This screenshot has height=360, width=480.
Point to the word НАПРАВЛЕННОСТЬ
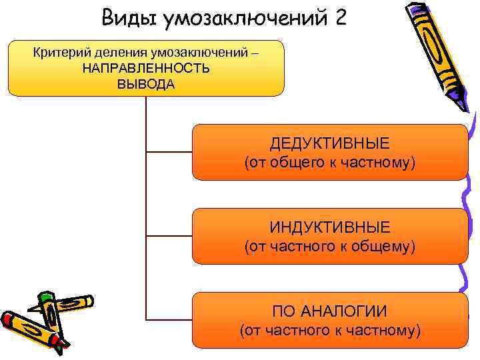146,69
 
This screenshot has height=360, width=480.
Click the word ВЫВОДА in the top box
146,84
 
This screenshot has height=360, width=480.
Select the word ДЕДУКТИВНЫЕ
330,144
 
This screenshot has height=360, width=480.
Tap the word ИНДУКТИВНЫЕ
330,228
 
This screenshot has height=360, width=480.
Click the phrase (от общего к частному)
330,163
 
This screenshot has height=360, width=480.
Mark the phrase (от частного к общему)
330,247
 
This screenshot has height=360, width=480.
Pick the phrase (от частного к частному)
330,330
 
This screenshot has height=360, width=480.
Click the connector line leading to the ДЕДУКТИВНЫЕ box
169,152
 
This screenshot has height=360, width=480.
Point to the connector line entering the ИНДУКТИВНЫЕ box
169,236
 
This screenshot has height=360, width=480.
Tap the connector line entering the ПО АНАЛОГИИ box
169,319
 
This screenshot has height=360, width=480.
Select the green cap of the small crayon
45,297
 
